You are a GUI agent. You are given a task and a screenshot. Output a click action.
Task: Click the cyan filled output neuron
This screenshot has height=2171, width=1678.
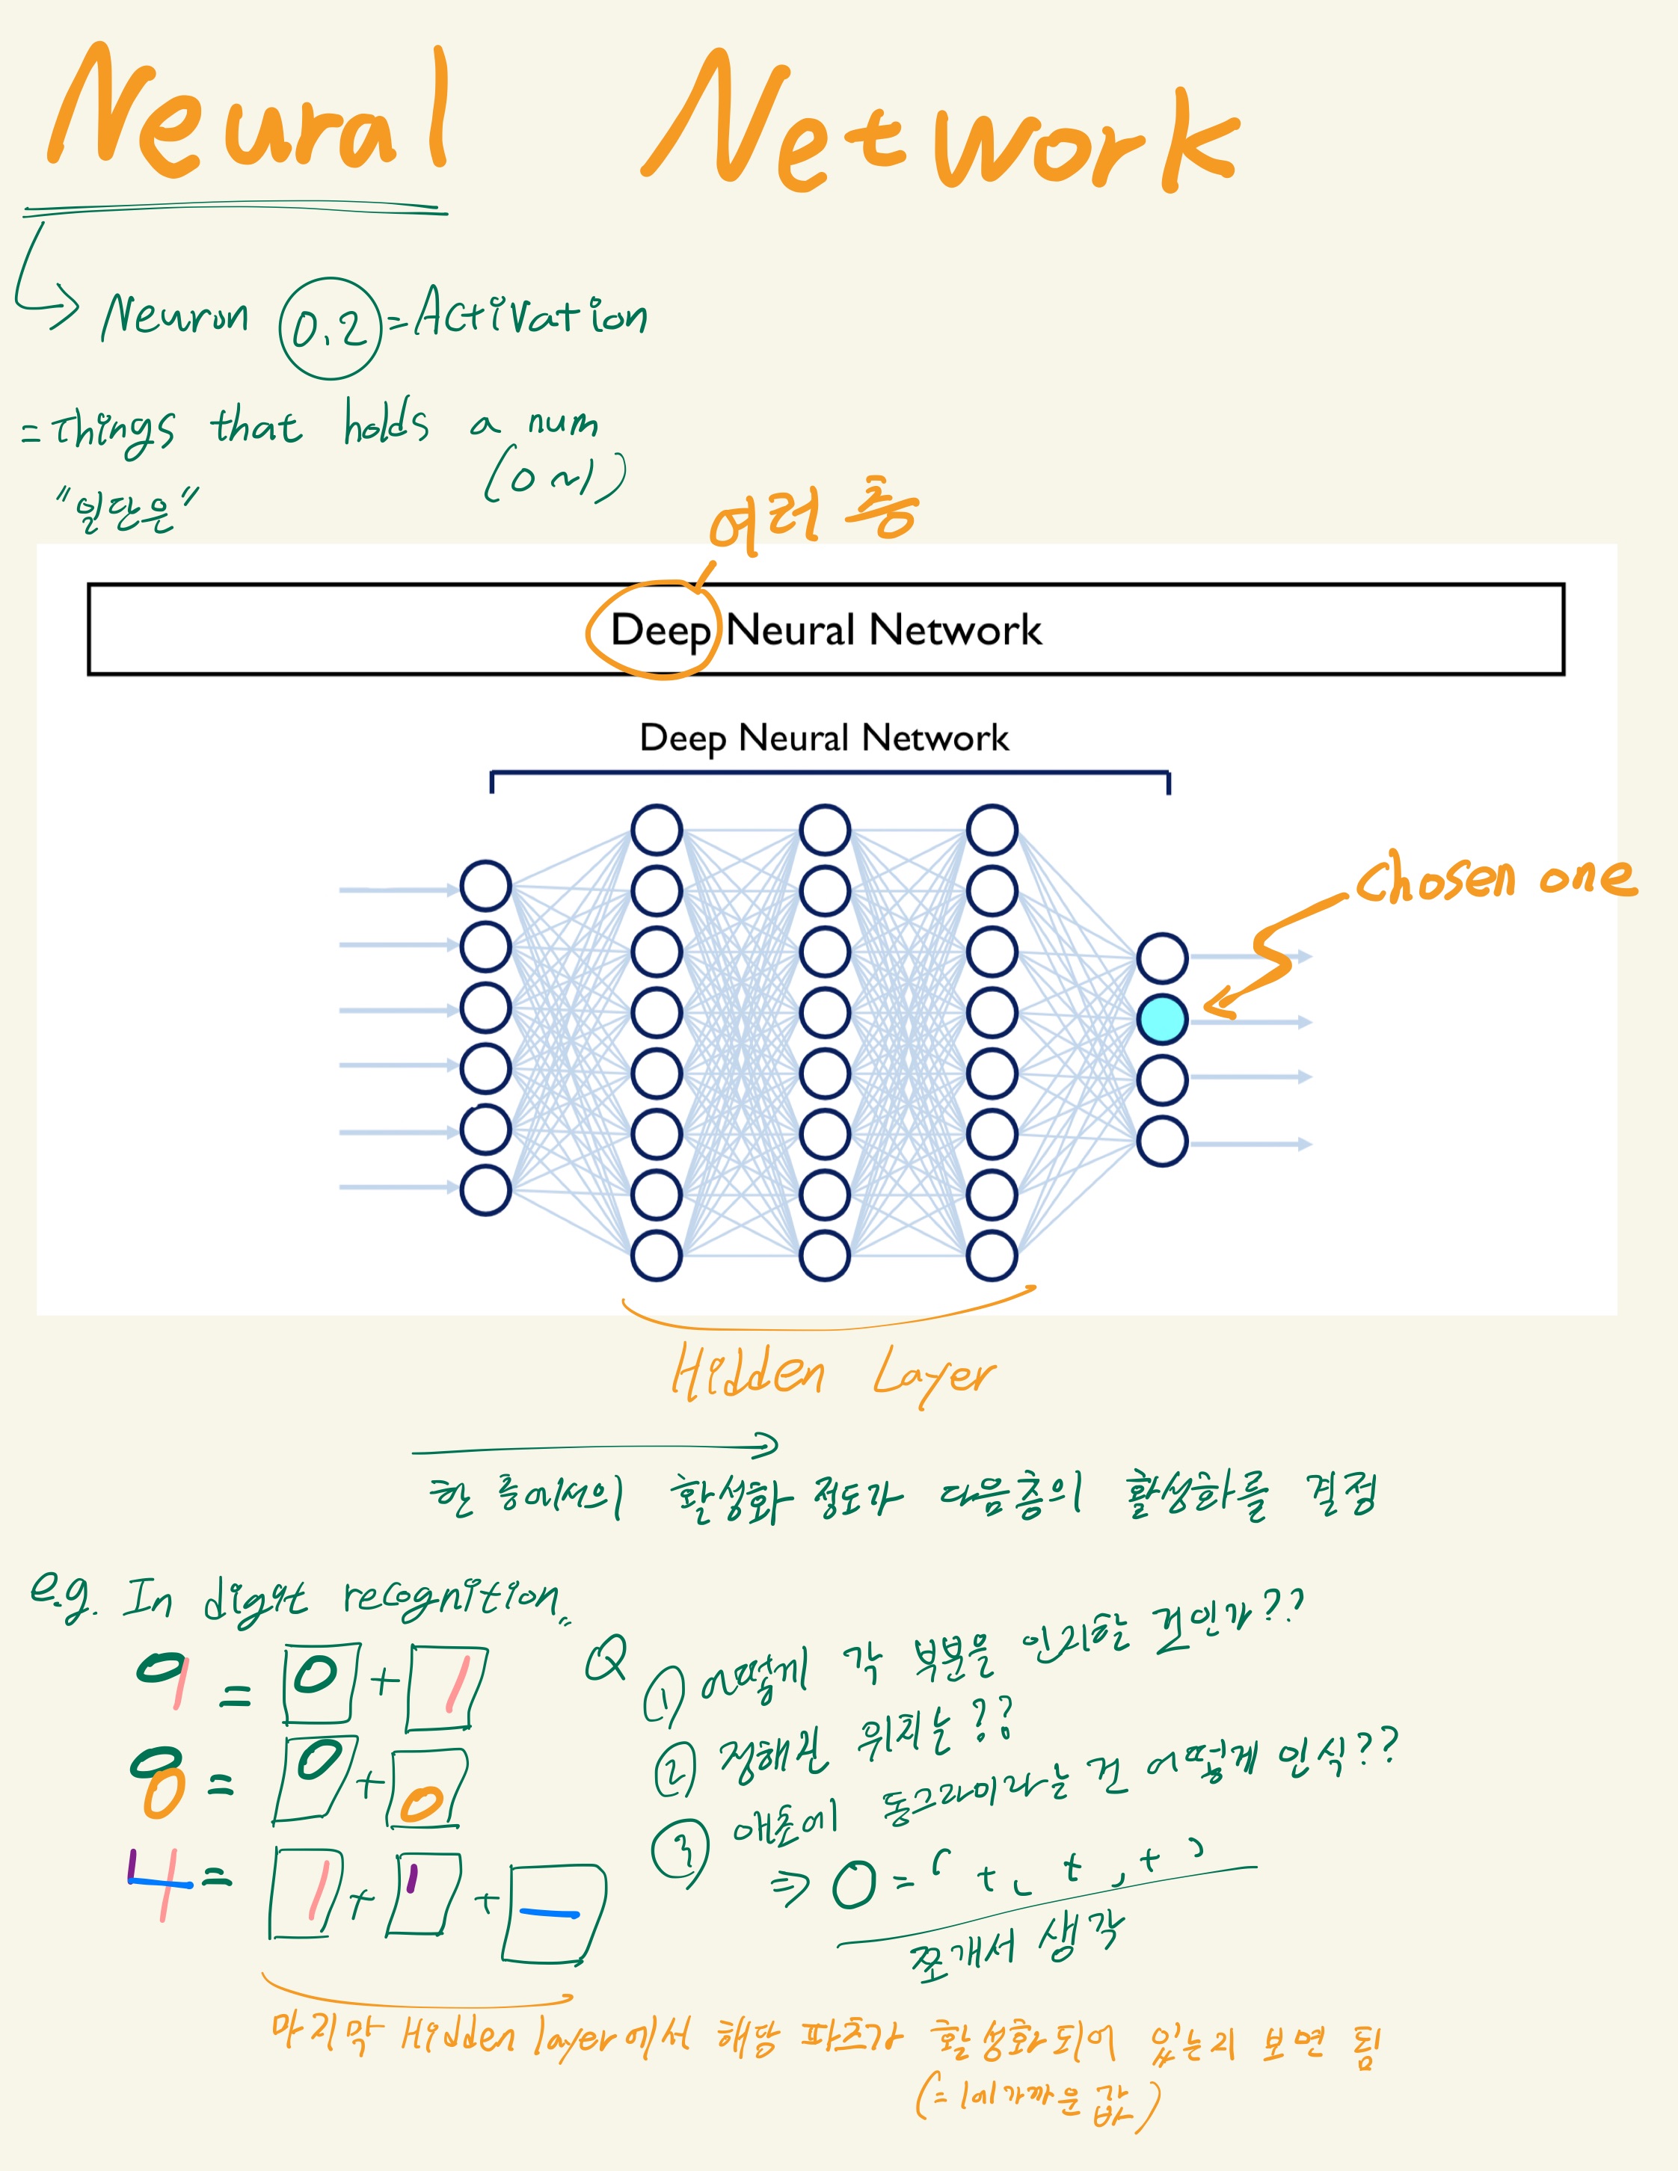(x=1161, y=1019)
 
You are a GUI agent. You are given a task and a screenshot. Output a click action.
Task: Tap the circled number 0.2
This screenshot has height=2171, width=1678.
(x=330, y=329)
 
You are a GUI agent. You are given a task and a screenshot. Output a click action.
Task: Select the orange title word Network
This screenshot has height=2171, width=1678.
(x=939, y=129)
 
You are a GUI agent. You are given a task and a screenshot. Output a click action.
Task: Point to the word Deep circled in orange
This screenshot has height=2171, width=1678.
(x=659, y=630)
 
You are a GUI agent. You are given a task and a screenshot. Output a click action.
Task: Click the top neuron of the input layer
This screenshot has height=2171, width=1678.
(x=485, y=886)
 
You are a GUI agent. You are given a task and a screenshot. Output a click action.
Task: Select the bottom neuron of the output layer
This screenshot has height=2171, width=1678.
(x=1161, y=1141)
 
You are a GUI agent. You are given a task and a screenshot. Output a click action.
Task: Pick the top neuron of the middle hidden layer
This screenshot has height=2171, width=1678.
(x=824, y=830)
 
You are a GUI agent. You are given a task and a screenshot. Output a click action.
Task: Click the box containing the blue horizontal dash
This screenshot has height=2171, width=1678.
(x=553, y=1914)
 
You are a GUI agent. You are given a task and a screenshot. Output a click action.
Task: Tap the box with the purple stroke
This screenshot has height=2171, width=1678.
(x=422, y=1894)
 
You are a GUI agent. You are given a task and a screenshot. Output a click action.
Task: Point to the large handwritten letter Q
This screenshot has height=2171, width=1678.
(x=606, y=1658)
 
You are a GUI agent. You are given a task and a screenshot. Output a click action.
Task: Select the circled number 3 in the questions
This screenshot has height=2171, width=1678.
(x=681, y=1851)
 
